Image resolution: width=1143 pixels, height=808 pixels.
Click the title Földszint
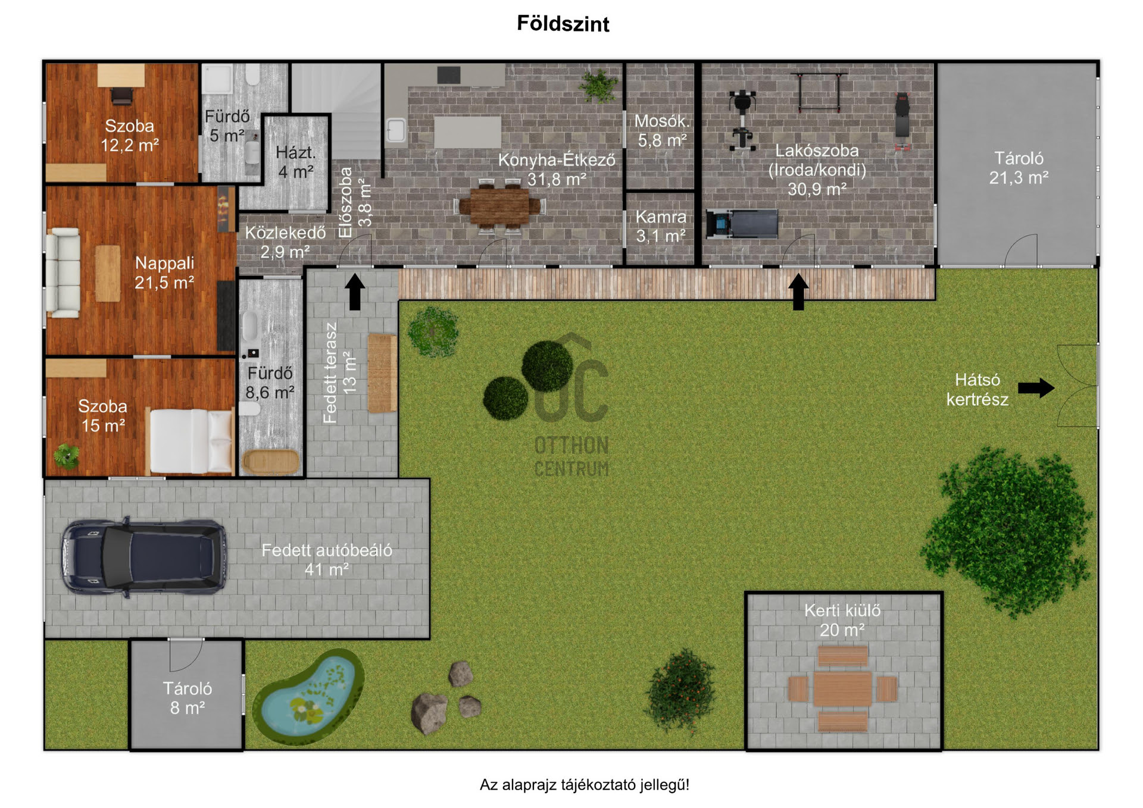(x=563, y=24)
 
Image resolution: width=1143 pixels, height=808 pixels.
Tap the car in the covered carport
(x=144, y=558)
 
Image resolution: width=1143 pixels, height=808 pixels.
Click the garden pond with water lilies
(x=308, y=696)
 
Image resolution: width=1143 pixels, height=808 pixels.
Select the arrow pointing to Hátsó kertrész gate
(x=1036, y=388)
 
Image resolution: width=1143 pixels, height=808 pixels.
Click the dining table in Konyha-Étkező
(x=499, y=206)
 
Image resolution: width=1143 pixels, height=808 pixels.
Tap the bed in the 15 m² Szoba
(x=190, y=441)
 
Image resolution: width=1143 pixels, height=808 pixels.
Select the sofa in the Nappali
(x=63, y=273)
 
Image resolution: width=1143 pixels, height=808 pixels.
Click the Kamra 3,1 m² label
(x=661, y=226)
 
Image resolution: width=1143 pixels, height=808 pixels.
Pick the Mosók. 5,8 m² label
(x=662, y=130)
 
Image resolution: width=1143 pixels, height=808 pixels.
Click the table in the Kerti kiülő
(x=842, y=689)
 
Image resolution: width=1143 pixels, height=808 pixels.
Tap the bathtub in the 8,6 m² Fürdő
(x=271, y=462)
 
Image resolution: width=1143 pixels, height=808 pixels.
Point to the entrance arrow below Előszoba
(x=355, y=292)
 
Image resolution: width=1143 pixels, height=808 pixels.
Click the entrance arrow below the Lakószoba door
(x=798, y=292)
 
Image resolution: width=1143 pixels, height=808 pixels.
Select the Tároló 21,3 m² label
(x=1019, y=168)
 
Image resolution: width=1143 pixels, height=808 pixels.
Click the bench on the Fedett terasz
(x=382, y=373)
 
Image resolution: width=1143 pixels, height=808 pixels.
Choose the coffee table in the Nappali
(x=108, y=273)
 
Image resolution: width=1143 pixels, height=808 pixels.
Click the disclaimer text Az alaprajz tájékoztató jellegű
(x=585, y=785)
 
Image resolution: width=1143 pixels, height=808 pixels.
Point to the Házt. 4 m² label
(x=296, y=162)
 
